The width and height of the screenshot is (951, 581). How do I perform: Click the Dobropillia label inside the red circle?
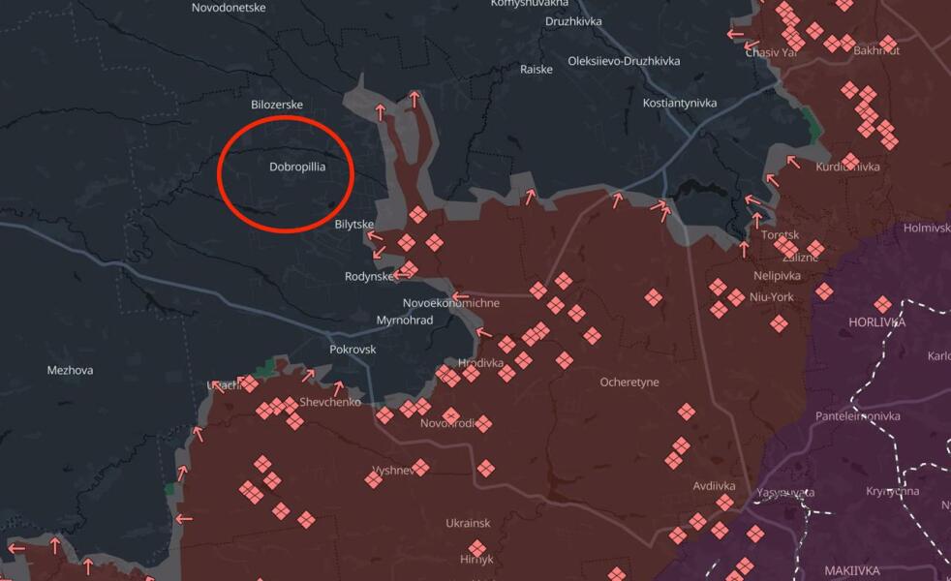tap(297, 167)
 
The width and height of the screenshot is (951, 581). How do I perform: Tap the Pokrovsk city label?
tap(353, 349)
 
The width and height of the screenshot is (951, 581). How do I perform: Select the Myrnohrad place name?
tap(405, 320)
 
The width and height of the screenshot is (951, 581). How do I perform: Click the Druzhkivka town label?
tap(573, 20)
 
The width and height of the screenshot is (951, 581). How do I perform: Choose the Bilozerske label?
tap(277, 105)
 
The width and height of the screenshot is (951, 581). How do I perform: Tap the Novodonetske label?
tap(230, 7)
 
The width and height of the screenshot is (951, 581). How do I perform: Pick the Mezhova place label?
tap(71, 370)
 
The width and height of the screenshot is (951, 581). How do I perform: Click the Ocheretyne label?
tap(629, 382)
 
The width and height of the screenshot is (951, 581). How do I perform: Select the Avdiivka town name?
tap(715, 486)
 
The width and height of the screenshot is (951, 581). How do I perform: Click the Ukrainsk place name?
tap(468, 523)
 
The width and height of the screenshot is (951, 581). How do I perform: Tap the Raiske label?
tap(537, 69)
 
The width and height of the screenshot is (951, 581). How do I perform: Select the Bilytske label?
tap(353, 224)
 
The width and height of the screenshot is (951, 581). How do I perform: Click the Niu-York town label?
tap(772, 297)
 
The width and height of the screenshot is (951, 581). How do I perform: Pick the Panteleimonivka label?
tap(858, 416)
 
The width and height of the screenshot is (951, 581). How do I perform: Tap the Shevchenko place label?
tap(330, 402)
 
